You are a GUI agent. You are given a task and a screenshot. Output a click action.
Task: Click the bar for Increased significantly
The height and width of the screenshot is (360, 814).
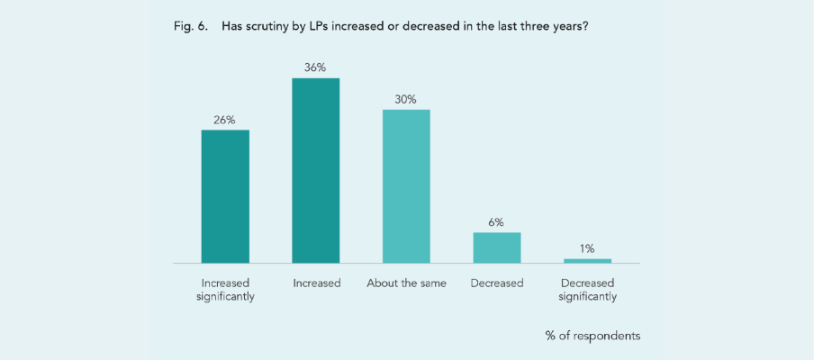225,196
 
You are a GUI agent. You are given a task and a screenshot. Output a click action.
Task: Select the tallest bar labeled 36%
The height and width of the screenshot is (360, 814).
316,170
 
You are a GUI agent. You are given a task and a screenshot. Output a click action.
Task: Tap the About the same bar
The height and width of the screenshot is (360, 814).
406,186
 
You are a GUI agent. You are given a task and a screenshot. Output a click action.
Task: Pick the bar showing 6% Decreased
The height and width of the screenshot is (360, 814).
497,247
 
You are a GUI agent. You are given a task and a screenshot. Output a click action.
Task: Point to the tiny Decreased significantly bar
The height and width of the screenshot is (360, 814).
587,261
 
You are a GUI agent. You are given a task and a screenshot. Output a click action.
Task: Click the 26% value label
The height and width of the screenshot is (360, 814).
225,120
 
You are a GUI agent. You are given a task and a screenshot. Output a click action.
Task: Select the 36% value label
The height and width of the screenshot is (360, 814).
316,67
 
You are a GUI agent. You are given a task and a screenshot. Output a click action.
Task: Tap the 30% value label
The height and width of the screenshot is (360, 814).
406,99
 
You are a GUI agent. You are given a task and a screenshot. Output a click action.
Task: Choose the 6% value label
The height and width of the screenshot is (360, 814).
497,221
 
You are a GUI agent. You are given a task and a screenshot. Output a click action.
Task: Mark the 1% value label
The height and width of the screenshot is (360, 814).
587,248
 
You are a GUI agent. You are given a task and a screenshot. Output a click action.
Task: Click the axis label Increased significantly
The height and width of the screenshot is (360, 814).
225,290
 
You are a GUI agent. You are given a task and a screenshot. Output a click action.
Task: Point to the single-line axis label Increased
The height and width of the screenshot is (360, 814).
316,283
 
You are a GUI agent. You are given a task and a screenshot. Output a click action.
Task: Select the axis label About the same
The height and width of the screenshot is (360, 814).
406,283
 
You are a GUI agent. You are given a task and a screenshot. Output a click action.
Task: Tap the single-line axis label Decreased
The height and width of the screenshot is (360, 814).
497,283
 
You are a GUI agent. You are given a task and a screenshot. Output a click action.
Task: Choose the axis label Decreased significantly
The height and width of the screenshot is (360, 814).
587,290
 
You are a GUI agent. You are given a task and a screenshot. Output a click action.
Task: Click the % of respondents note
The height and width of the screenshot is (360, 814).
592,336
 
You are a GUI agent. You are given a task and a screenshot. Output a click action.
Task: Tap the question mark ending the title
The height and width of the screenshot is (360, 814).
586,26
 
